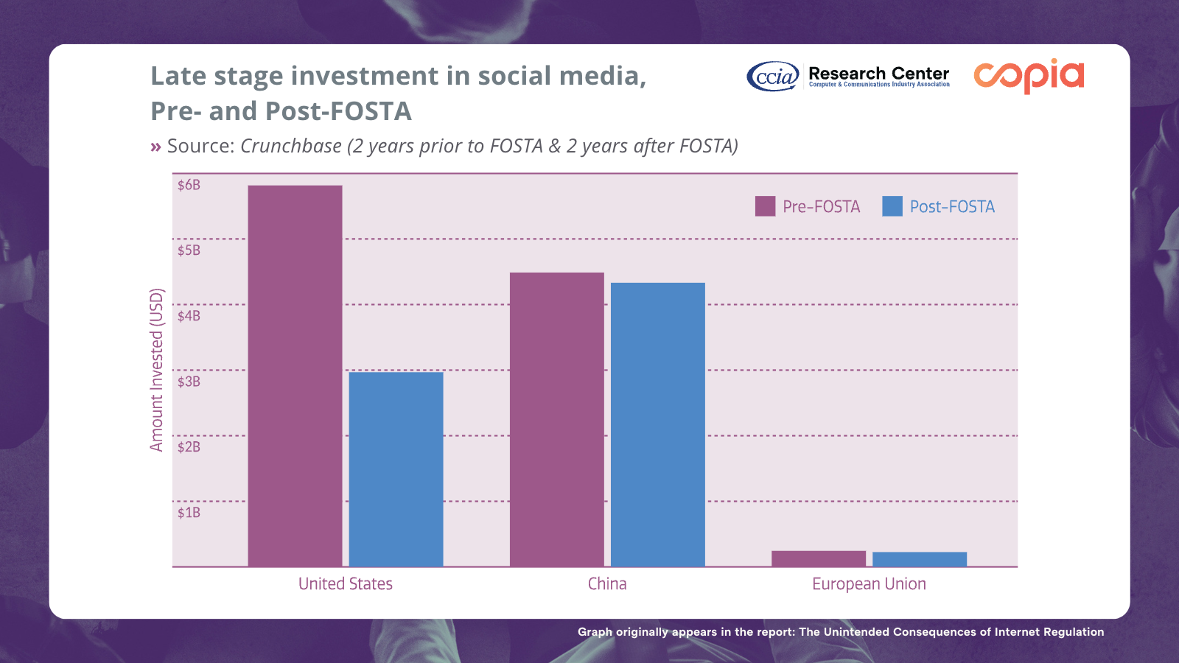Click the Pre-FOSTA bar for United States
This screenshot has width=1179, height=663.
[295, 376]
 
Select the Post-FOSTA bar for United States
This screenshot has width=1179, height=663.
[396, 469]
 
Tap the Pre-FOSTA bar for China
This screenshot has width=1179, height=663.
[556, 419]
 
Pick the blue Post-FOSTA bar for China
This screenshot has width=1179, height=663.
[657, 424]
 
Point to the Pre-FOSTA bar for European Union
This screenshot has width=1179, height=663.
[818, 558]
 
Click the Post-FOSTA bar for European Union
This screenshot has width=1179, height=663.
[919, 559]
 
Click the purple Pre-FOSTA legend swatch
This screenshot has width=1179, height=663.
[765, 206]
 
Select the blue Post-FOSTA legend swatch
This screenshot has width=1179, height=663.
[892, 206]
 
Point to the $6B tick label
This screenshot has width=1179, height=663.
[189, 185]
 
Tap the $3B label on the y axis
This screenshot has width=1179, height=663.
[189, 382]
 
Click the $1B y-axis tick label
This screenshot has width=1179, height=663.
[189, 513]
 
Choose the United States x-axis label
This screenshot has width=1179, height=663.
[345, 584]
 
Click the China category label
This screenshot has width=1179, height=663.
[607, 584]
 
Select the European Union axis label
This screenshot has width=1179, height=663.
[869, 584]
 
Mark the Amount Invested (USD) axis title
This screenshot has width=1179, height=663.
[156, 370]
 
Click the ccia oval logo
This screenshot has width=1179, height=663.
[772, 76]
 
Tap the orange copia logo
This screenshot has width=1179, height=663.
[1029, 76]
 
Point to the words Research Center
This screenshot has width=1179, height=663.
[878, 74]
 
